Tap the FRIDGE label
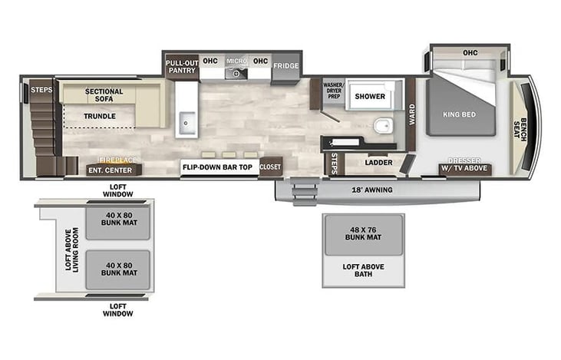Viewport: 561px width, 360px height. click(x=285, y=66)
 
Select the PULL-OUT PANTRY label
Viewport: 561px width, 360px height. click(x=182, y=67)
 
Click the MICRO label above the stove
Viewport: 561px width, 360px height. click(x=236, y=61)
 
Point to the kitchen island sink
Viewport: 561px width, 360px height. click(x=187, y=123)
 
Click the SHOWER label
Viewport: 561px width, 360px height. click(x=370, y=96)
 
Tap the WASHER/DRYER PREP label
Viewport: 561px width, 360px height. click(x=333, y=91)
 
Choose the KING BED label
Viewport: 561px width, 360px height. click(x=460, y=114)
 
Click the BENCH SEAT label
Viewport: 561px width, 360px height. click(x=520, y=130)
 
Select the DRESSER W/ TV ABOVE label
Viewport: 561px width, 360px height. click(x=464, y=164)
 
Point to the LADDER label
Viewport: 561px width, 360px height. click(x=378, y=163)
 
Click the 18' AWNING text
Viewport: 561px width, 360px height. click(x=372, y=190)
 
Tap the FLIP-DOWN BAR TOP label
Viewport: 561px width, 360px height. click(x=217, y=167)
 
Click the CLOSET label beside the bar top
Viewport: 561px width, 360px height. click(x=270, y=167)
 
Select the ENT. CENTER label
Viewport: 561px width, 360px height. click(x=111, y=170)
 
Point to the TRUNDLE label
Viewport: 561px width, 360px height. click(x=100, y=117)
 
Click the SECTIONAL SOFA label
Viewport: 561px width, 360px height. click(x=104, y=95)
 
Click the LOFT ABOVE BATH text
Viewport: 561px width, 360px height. click(x=364, y=270)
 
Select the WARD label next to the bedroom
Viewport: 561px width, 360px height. click(x=412, y=114)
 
